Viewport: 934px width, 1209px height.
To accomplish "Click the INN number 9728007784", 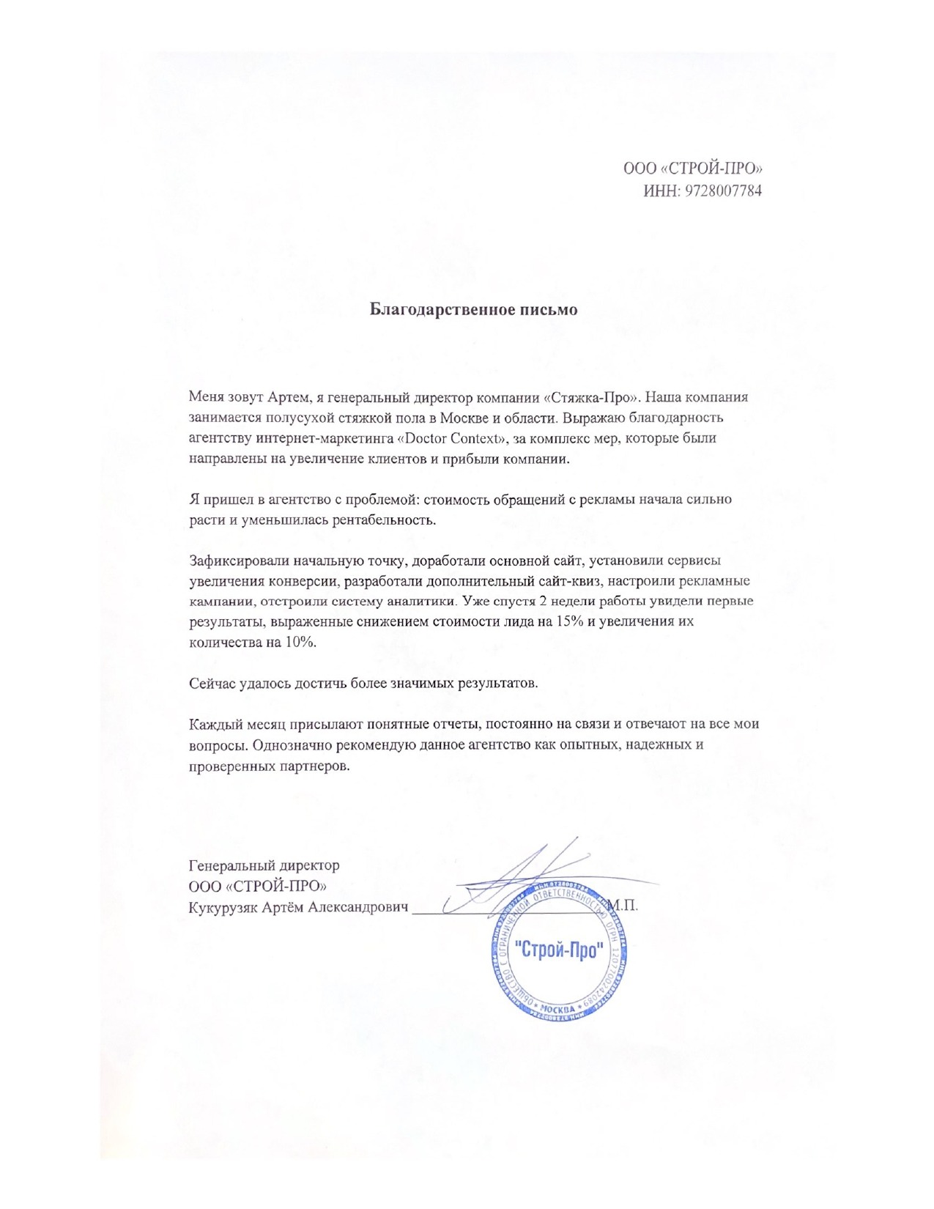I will click(722, 191).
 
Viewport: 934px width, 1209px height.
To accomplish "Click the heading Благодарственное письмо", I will click(472, 309).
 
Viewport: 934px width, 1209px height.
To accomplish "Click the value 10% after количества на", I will click(302, 642).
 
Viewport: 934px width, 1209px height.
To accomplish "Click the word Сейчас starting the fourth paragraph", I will click(212, 683).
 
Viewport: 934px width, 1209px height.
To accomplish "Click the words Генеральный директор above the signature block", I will click(264, 865).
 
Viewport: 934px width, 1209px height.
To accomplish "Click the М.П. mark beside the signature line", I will click(624, 906).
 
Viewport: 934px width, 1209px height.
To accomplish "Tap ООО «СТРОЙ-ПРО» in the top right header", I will click(692, 169).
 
